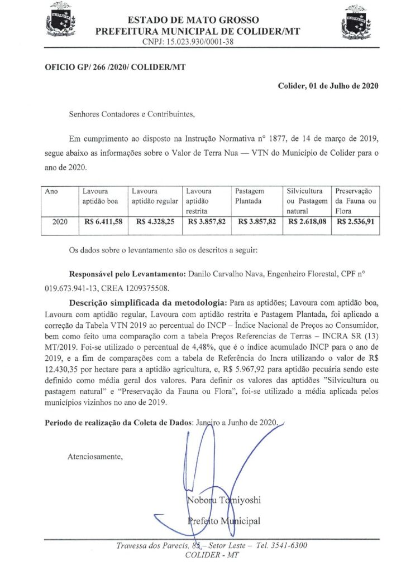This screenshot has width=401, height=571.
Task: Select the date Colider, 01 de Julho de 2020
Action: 328,86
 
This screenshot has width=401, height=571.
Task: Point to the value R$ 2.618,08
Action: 305,222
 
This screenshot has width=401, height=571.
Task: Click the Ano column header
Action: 51,191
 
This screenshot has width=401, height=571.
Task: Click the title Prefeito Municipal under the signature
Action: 223,520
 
